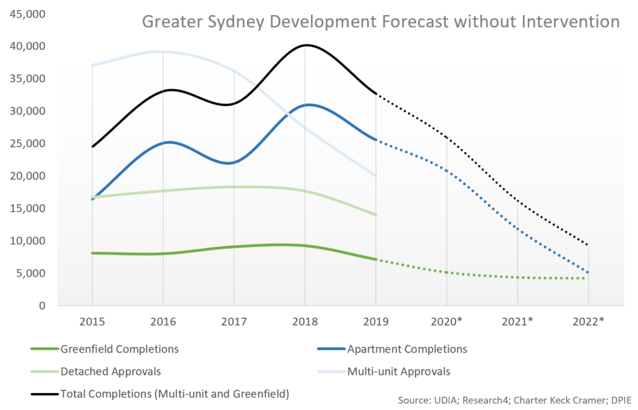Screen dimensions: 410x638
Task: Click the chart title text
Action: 381,22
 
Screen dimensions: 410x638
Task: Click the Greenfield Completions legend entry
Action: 119,349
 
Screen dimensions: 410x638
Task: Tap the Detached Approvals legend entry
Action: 110,371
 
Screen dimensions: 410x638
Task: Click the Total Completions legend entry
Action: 175,394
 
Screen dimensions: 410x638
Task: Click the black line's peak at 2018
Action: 306,45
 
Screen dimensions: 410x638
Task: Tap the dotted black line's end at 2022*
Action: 588,245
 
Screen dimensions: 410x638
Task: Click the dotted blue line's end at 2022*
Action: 588,272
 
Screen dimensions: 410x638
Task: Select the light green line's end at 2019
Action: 376,215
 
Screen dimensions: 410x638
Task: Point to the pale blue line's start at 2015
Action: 92,65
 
